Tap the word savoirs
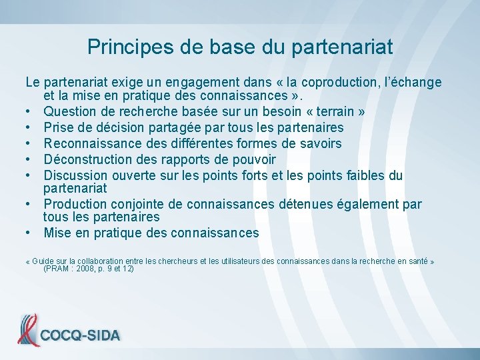click(x=320, y=143)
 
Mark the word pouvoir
click(x=252, y=159)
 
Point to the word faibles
click(x=364, y=175)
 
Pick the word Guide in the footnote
click(x=43, y=261)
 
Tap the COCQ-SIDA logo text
click(x=81, y=335)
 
